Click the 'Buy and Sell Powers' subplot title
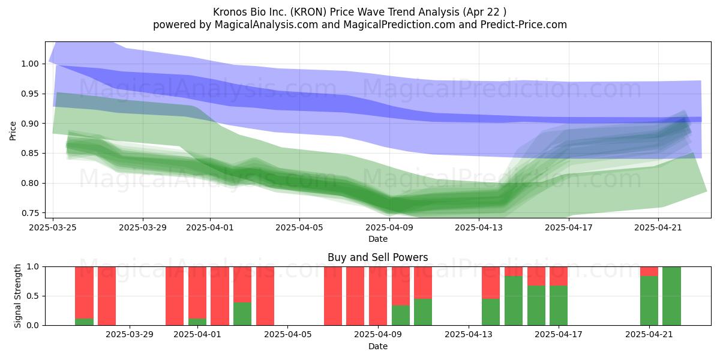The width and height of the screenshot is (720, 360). click(377, 257)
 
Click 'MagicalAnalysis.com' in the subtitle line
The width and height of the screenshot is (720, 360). click(266, 25)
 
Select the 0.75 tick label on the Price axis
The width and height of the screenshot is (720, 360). click(30, 213)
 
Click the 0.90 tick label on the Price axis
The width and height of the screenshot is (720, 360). click(30, 124)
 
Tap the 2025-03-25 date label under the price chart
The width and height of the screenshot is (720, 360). click(53, 227)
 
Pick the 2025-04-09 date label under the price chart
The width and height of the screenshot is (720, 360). click(389, 227)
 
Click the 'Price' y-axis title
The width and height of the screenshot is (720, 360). click(13, 131)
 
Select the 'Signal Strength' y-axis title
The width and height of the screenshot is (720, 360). click(17, 296)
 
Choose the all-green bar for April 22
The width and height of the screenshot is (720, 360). click(671, 296)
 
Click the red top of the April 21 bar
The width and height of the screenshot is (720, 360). click(649, 271)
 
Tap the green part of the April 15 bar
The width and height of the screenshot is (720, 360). click(514, 301)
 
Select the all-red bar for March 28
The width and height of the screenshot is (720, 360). click(107, 296)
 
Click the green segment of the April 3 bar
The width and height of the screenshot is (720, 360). click(242, 314)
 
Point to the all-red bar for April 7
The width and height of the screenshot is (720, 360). click(332, 296)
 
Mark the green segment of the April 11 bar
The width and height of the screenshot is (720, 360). click(423, 312)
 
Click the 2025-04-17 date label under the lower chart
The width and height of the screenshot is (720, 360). click(559, 335)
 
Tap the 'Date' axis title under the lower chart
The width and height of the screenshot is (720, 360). click(377, 346)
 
